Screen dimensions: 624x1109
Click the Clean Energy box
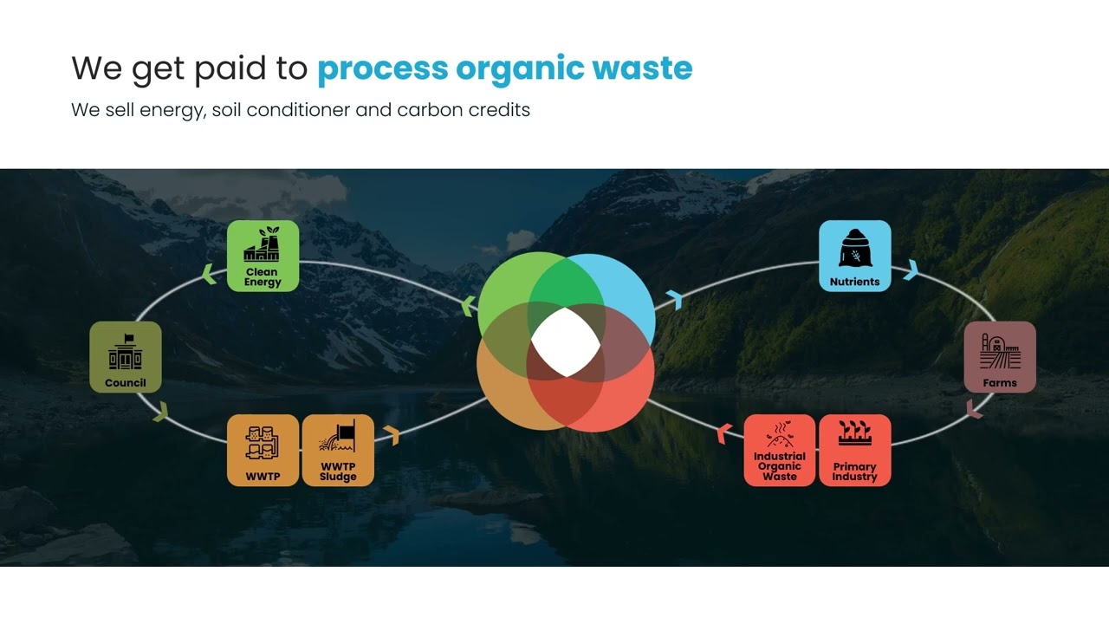pyautogui.click(x=263, y=256)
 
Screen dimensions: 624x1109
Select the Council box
pyautogui.click(x=126, y=357)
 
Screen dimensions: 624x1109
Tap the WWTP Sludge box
pyautogui.click(x=338, y=450)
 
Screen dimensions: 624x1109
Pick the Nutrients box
pyautogui.click(x=854, y=256)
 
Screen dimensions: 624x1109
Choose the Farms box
pyautogui.click(x=1000, y=357)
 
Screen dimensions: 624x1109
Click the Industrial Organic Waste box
pyautogui.click(x=779, y=450)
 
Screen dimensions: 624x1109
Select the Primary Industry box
pyautogui.click(x=854, y=450)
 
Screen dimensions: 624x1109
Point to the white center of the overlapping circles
pyautogui.click(x=565, y=342)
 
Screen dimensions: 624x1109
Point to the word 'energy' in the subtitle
pyautogui.click(x=172, y=111)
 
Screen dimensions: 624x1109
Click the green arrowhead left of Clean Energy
pyautogui.click(x=208, y=275)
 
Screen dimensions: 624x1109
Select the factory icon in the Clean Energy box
pyautogui.click(x=263, y=246)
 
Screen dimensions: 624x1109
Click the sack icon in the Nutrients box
pyautogui.click(x=854, y=249)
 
